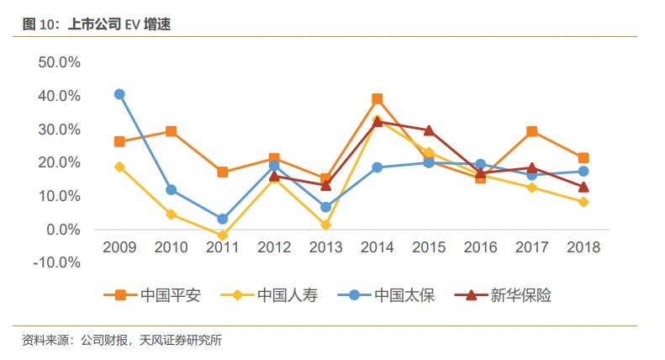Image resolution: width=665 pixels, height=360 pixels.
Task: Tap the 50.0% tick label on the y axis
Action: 59,62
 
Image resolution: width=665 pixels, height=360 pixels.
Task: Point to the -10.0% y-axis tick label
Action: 56,262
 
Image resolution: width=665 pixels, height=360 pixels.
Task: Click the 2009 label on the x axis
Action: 119,247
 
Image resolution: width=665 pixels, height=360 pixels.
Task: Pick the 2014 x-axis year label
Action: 377,247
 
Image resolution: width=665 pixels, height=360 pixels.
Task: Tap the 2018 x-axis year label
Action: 583,247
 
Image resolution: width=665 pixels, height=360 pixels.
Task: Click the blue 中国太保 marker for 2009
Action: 119,94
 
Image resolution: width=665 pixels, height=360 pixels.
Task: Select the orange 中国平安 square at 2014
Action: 377,99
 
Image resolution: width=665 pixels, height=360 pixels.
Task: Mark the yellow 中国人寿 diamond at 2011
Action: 223,236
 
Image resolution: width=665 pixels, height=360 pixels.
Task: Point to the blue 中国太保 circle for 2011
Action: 223,219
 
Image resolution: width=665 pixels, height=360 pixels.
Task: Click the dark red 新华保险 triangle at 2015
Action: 429,130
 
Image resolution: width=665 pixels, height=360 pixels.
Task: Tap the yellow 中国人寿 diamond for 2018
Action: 583,202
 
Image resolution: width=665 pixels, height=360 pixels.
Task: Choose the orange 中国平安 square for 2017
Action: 532,131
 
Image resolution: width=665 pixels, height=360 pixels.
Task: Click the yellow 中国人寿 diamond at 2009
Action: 119,167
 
